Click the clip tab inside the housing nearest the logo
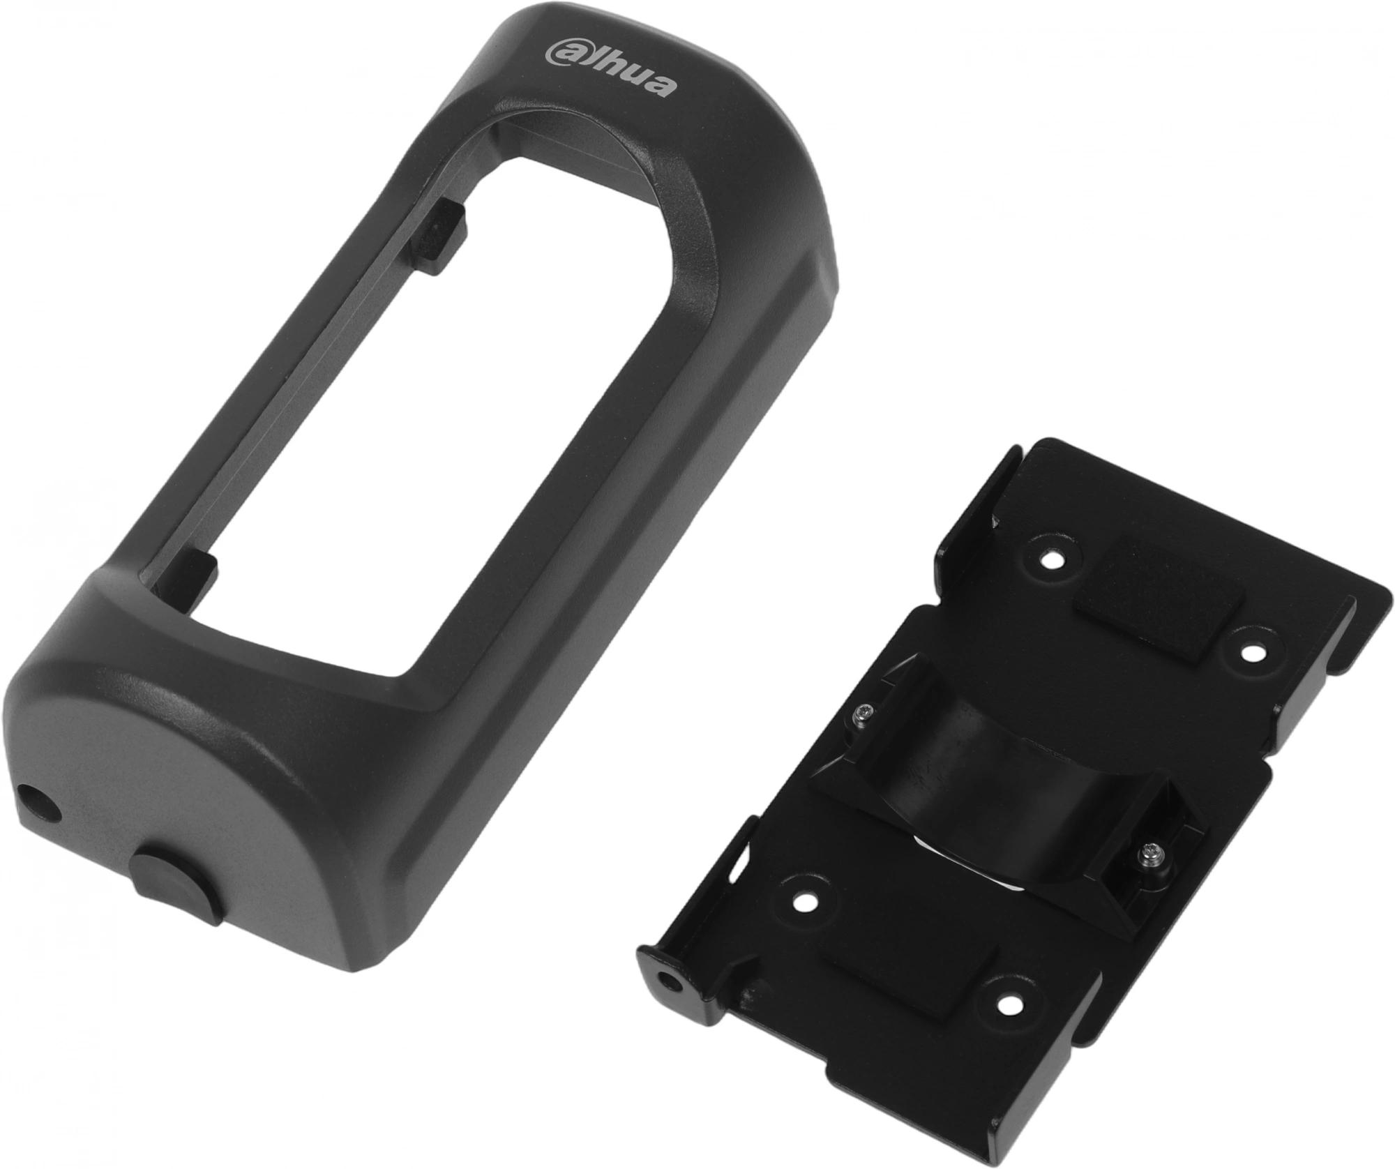(x=439, y=237)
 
